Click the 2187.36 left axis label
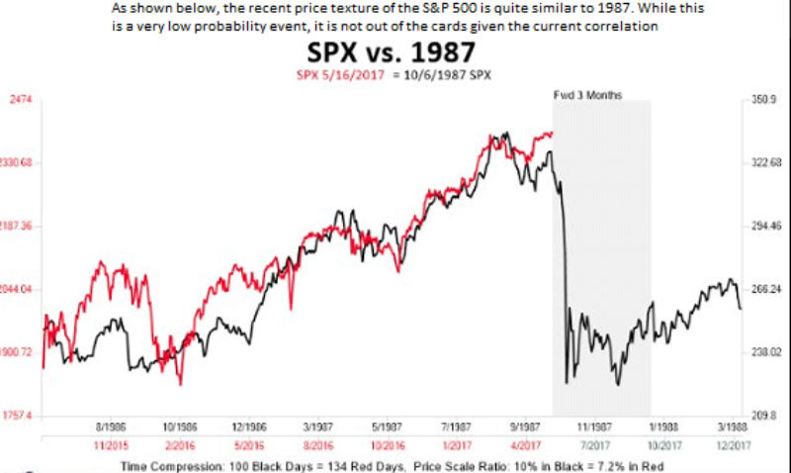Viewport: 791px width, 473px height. pos(20,227)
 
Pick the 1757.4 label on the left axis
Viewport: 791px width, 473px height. pos(21,416)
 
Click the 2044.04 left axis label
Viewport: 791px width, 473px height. pos(20,289)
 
